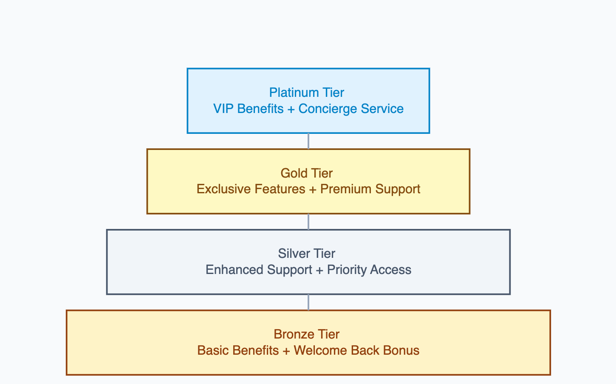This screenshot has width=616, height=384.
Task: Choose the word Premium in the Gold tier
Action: pos(346,189)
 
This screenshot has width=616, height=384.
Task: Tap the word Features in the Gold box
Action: pos(280,189)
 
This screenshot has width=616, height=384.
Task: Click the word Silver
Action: pos(291,254)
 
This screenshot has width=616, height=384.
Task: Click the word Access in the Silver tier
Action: pos(390,270)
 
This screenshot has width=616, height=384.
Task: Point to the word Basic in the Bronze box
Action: pos(211,350)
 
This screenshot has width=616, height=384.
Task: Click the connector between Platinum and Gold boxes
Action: pos(308,141)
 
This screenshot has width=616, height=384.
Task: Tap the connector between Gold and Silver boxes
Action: pos(308,222)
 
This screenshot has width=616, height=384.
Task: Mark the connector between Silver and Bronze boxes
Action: pos(308,302)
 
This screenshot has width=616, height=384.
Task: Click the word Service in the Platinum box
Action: pos(382,109)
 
